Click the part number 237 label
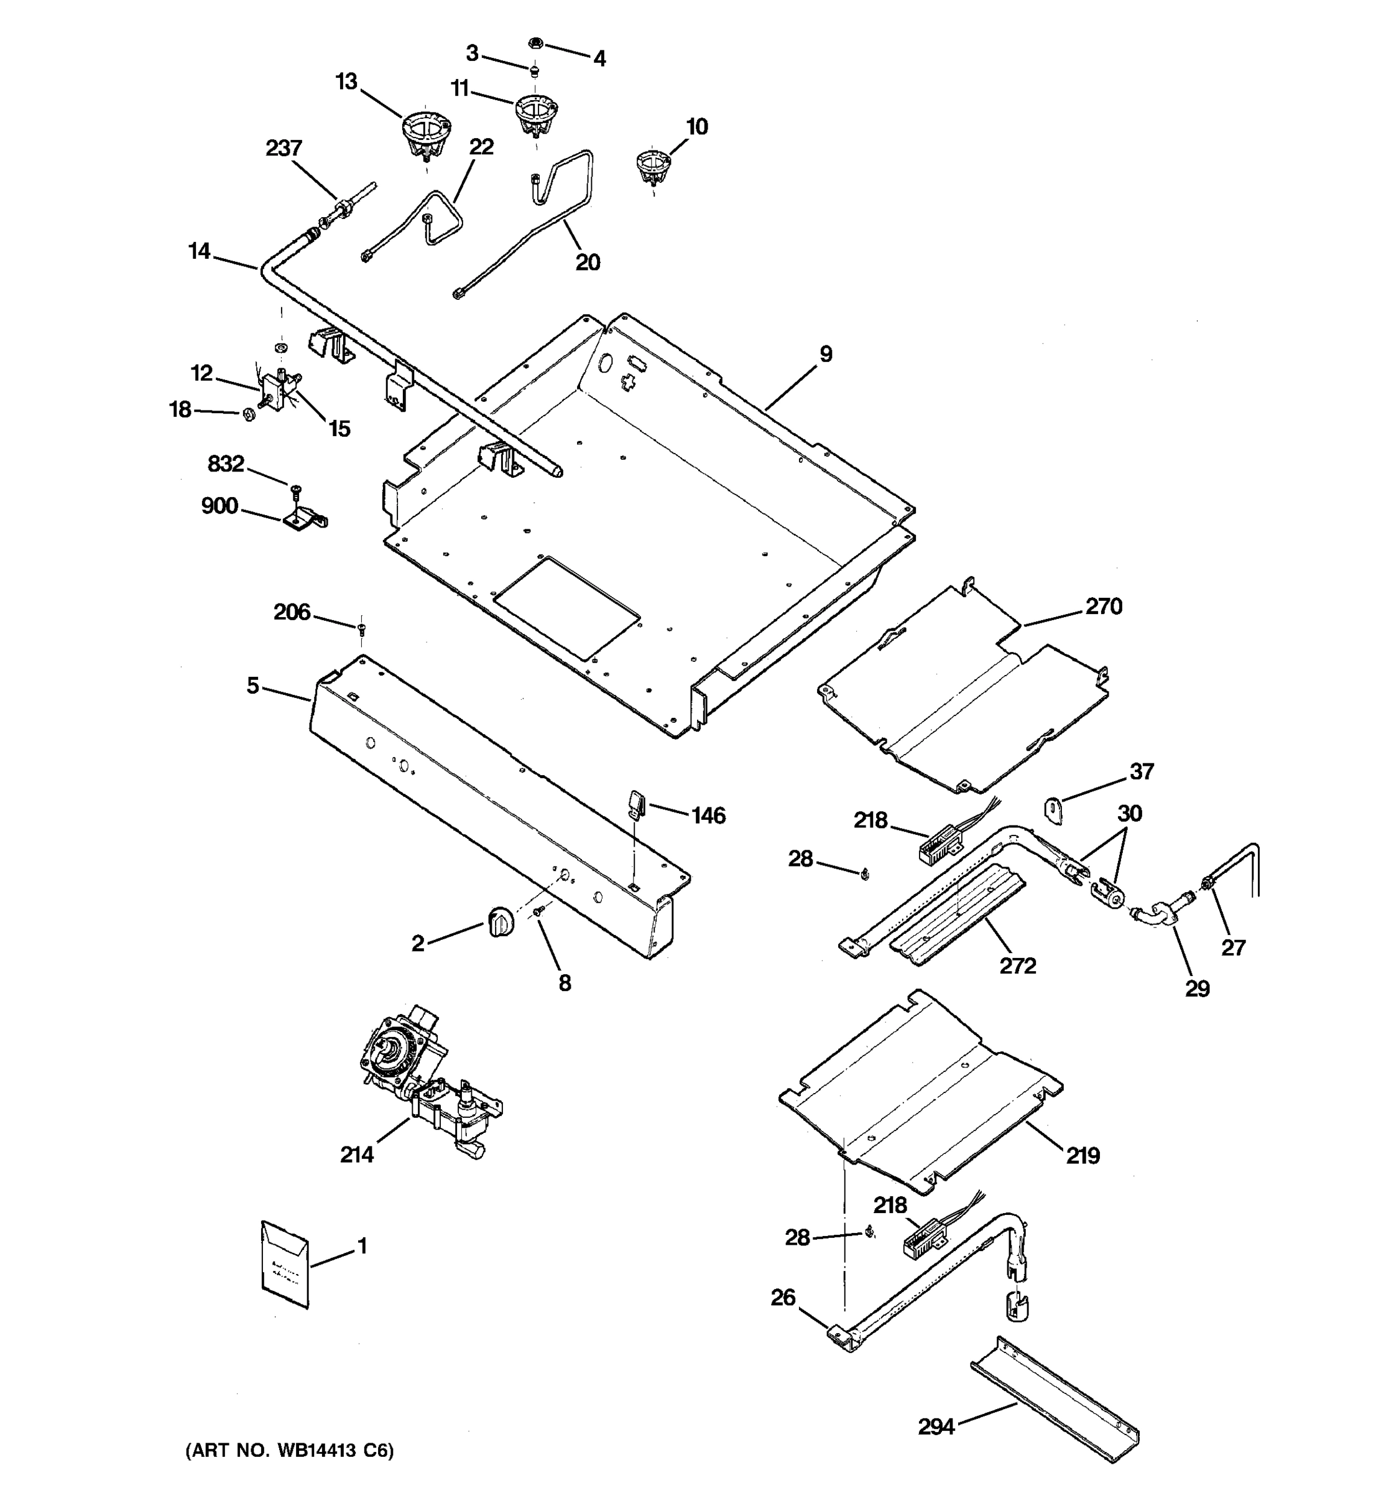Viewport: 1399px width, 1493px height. pyautogui.click(x=284, y=149)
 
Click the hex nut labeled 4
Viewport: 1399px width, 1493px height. pyautogui.click(x=536, y=43)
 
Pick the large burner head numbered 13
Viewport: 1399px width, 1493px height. pyautogui.click(x=425, y=134)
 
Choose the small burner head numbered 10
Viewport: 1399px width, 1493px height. pyautogui.click(x=653, y=167)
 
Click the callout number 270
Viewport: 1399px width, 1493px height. pyautogui.click(x=1103, y=606)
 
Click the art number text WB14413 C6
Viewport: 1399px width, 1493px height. pyautogui.click(x=290, y=1451)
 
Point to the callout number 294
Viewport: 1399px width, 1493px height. pyautogui.click(x=936, y=1426)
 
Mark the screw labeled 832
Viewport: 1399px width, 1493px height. pyautogui.click(x=295, y=490)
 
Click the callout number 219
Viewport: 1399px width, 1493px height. pyautogui.click(x=1083, y=1155)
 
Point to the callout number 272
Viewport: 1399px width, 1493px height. pyautogui.click(x=1018, y=965)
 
